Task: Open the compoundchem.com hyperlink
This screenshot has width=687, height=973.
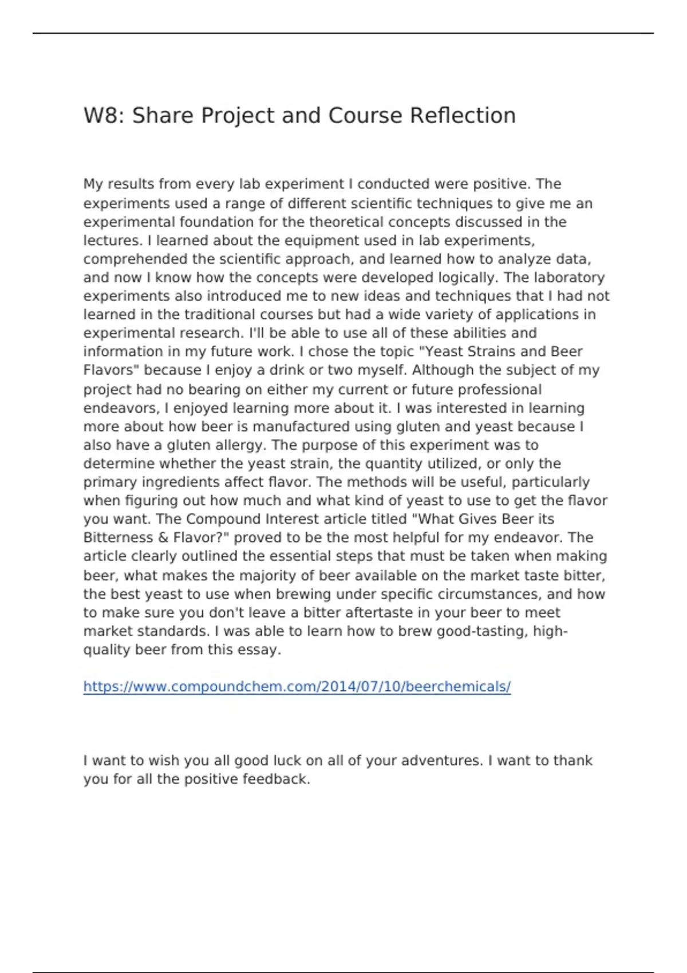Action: [297, 687]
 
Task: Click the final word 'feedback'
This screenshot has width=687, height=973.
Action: [276, 780]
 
